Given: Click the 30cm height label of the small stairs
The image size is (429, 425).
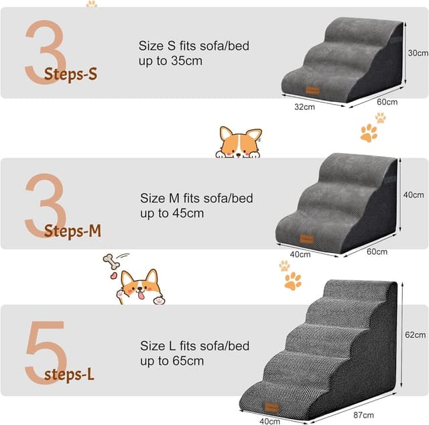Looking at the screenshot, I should (418, 53).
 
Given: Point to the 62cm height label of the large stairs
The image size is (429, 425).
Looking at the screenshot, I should (416, 335).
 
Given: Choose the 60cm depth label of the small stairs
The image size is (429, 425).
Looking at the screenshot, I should (387, 103).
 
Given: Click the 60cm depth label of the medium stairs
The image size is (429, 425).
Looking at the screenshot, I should (377, 252).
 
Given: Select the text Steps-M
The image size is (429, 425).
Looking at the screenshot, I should (72, 232).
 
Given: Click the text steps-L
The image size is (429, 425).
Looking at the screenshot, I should (69, 373).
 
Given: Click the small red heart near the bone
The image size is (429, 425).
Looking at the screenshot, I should (114, 275).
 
